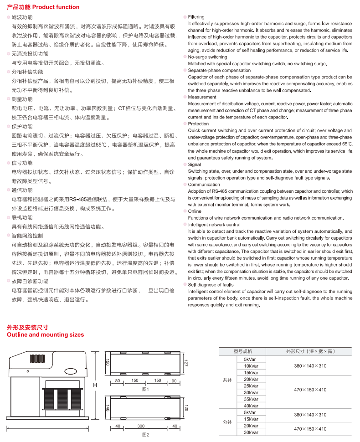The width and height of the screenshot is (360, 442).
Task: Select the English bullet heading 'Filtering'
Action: (196, 17)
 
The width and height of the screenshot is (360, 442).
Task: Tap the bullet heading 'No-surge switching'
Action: (207, 57)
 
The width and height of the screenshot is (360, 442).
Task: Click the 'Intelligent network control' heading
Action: (214, 225)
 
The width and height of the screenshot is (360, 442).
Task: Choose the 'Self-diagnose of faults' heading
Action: (210, 284)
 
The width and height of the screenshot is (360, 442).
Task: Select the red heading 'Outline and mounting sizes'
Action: (46, 334)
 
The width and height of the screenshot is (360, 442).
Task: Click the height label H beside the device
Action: (95, 385)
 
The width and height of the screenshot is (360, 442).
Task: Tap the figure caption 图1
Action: (145, 389)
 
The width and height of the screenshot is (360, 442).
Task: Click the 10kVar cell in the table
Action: (251, 366)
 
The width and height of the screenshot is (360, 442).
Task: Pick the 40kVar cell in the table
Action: (251, 406)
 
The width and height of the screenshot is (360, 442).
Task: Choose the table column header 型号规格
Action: (242, 351)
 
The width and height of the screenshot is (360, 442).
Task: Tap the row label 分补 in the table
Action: (227, 422)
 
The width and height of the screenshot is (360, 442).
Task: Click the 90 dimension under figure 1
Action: (174, 380)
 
